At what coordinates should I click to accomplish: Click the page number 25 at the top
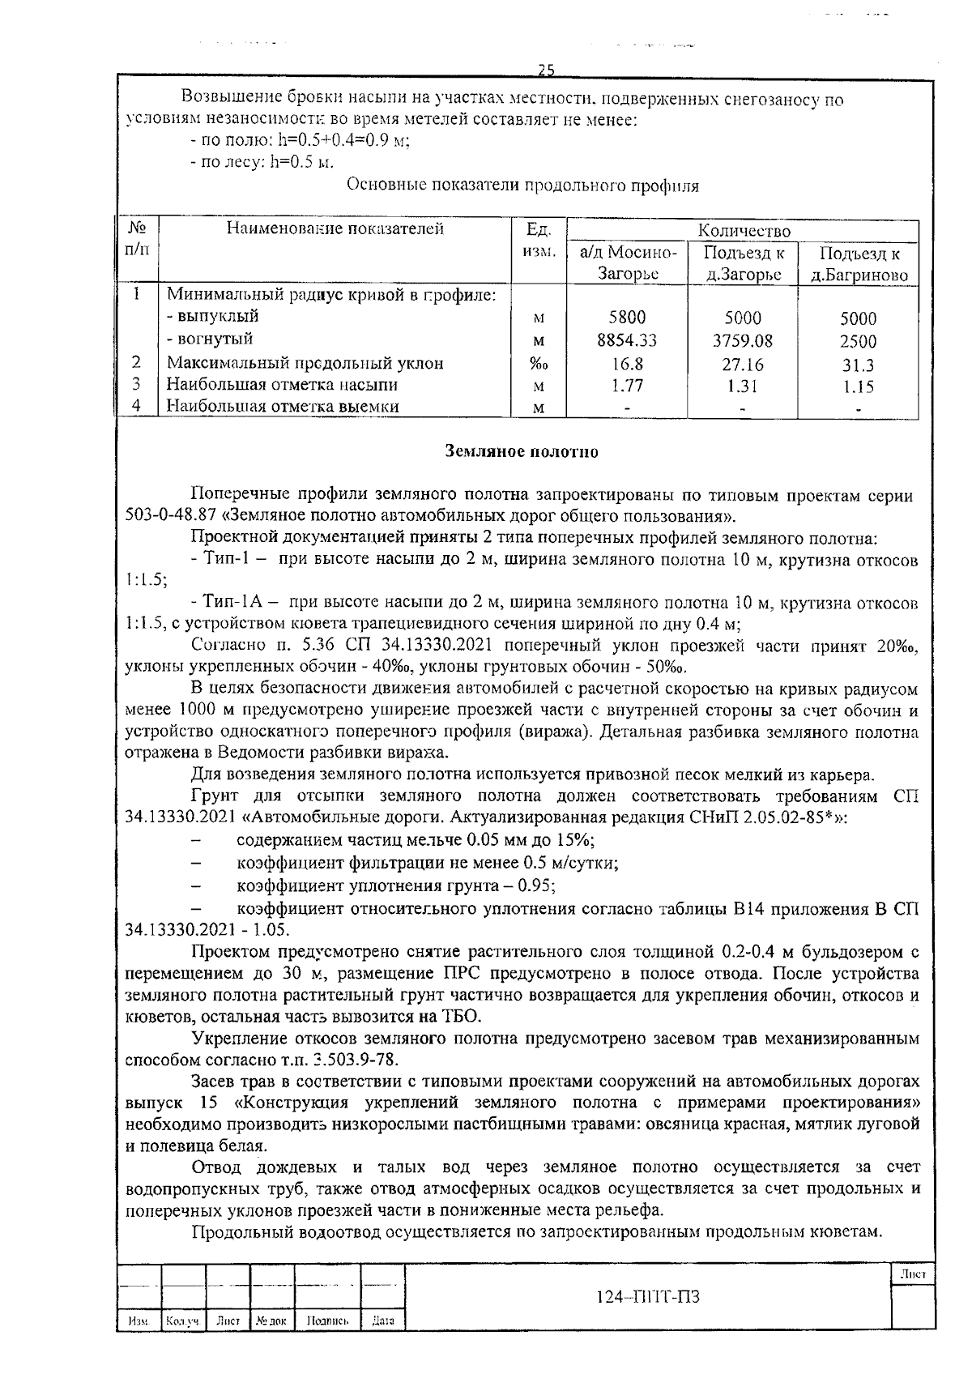545,70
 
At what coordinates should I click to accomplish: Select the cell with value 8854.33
626,341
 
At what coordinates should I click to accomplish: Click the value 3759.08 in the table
742,341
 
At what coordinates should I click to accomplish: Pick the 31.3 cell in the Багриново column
858,365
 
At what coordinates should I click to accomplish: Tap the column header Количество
743,231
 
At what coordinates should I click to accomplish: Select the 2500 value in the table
858,341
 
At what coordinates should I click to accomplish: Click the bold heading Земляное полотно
522,452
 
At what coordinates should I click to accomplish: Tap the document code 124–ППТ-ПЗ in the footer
647,1296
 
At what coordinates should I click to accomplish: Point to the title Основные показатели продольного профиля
522,186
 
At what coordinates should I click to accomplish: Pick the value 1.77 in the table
626,386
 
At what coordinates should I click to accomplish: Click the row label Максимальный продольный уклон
305,364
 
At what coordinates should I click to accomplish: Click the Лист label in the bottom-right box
912,1274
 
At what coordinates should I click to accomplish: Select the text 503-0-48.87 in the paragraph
165,516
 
